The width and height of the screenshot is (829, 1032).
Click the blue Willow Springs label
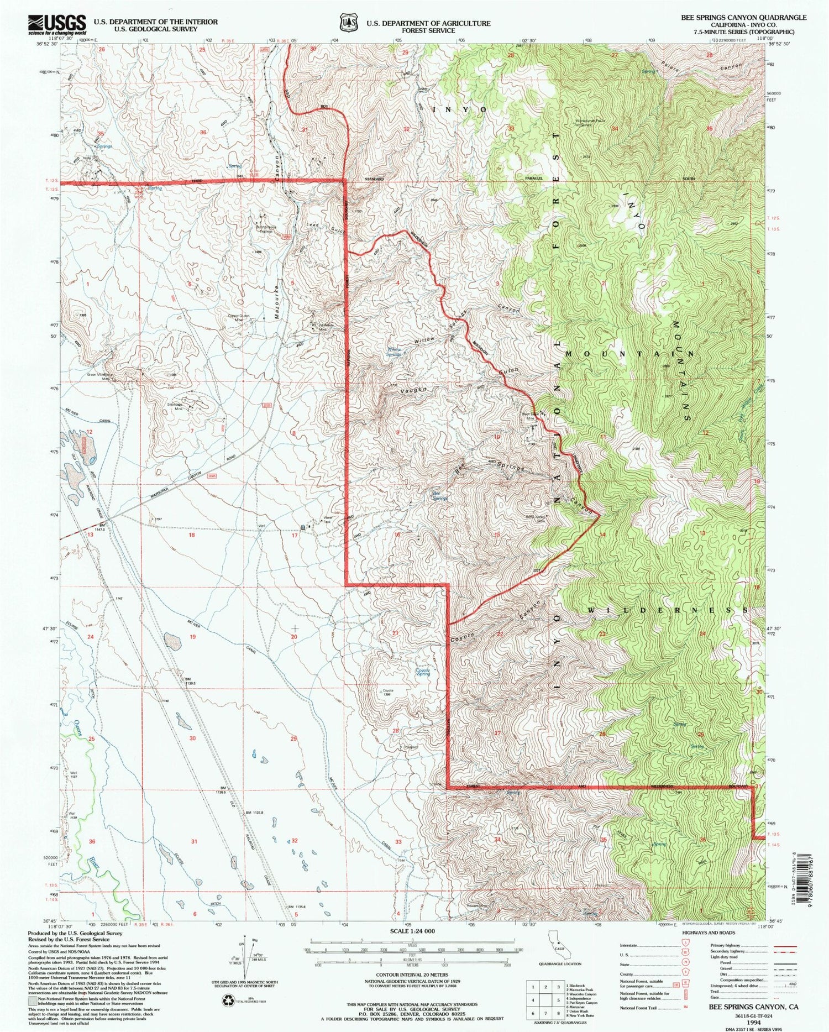393,352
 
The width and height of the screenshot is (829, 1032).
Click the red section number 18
192,535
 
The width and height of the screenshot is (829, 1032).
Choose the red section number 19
192,637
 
